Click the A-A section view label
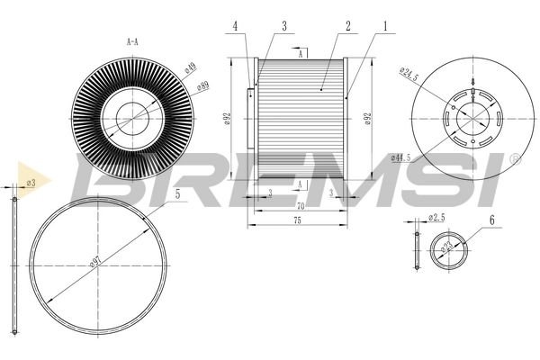click(131, 40)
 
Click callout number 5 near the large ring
click(177, 193)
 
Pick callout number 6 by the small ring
click(491, 220)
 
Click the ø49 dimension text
click(190, 68)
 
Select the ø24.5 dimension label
click(409, 75)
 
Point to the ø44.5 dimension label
click(401, 157)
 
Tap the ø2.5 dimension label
click(437, 217)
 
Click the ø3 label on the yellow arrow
click(31, 182)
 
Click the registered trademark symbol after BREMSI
click(514, 159)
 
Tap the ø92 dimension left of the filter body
click(229, 119)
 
